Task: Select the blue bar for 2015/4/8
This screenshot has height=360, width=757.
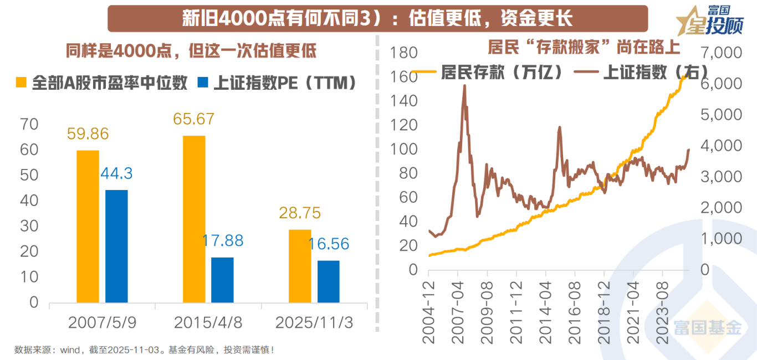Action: [222, 280]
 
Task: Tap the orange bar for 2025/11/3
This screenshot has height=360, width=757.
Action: [300, 266]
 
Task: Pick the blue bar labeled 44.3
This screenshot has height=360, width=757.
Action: [116, 246]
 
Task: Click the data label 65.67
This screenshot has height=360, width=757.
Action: [193, 119]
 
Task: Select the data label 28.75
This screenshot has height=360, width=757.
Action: [300, 213]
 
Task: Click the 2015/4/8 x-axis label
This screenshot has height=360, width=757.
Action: [208, 323]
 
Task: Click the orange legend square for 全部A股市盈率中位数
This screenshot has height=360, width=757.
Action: [21, 83]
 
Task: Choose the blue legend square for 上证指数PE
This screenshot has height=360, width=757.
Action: [203, 83]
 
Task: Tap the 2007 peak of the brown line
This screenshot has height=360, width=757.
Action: [464, 86]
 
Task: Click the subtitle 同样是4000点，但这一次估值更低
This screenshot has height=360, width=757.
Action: [191, 51]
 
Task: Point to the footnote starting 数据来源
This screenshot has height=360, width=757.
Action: [144, 350]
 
